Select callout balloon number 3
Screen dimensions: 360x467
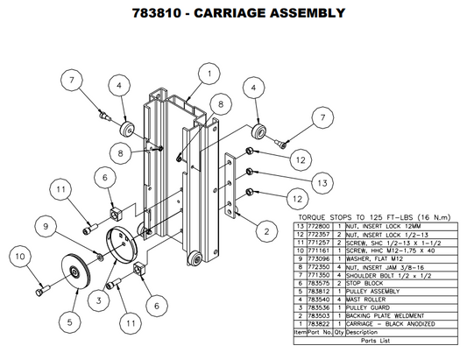tap(101, 300)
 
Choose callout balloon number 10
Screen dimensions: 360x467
tap(19, 257)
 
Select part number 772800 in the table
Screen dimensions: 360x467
tap(313, 225)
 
